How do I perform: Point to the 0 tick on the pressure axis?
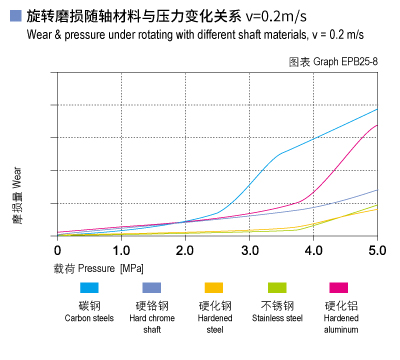[57, 250]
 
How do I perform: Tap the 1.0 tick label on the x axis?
[121, 250]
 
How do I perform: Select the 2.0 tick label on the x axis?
[185, 250]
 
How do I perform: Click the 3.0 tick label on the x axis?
[249, 250]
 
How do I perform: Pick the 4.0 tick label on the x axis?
[313, 250]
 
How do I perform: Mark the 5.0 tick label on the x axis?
[377, 250]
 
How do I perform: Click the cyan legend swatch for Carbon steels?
[89, 288]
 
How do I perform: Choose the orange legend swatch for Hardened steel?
[213, 288]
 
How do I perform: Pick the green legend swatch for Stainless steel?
[276, 288]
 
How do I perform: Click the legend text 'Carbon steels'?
[89, 319]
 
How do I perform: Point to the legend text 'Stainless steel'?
[276, 319]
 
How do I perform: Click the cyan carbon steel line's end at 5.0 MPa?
[377, 108]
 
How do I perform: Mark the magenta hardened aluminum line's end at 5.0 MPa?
[377, 125]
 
